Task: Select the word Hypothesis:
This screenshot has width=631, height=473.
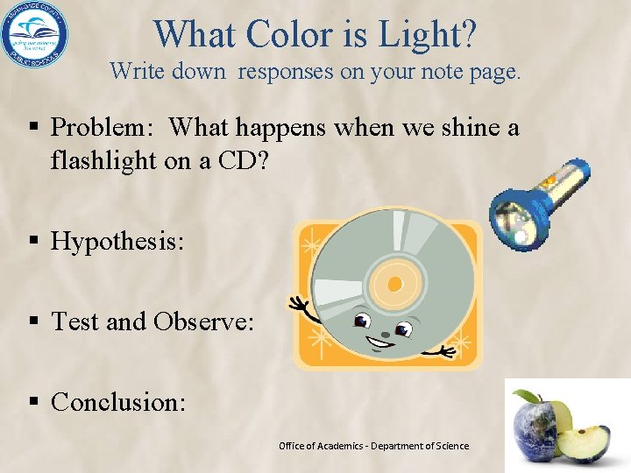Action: [117, 241]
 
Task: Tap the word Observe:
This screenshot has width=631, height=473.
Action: [203, 321]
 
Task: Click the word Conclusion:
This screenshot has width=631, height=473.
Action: [118, 402]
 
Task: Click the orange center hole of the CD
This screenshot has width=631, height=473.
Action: [394, 284]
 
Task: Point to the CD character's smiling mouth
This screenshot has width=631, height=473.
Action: [382, 336]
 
